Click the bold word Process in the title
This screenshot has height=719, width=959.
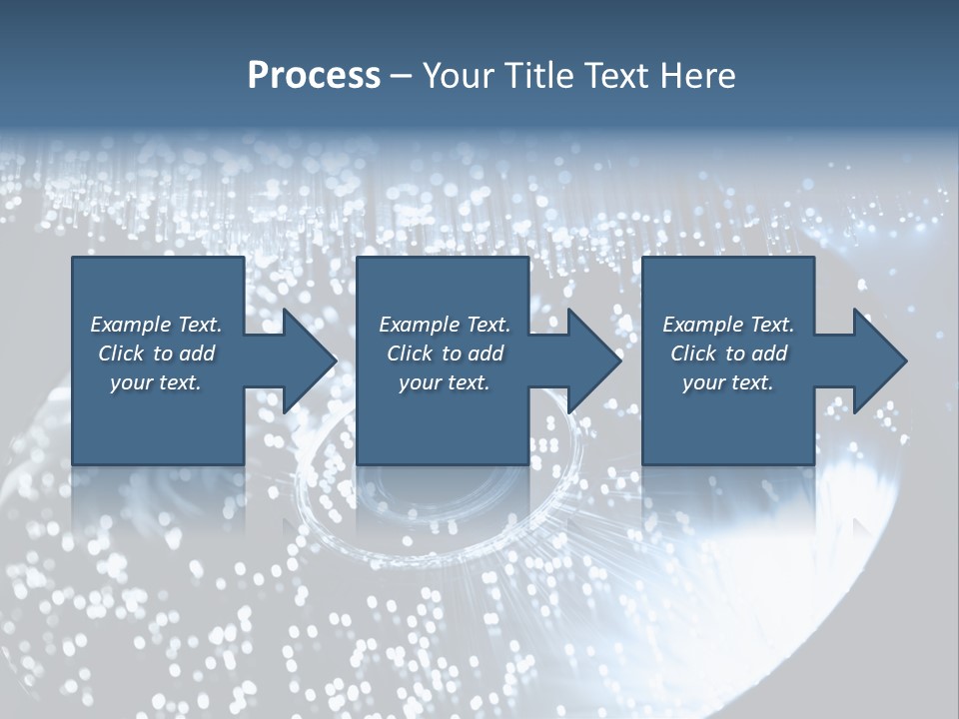pos(314,76)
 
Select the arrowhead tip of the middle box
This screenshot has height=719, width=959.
pos(620,360)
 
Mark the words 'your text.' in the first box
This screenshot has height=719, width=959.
pos(155,382)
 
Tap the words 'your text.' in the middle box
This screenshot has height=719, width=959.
pos(444,382)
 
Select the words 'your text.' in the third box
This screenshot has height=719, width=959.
pos(727,382)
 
